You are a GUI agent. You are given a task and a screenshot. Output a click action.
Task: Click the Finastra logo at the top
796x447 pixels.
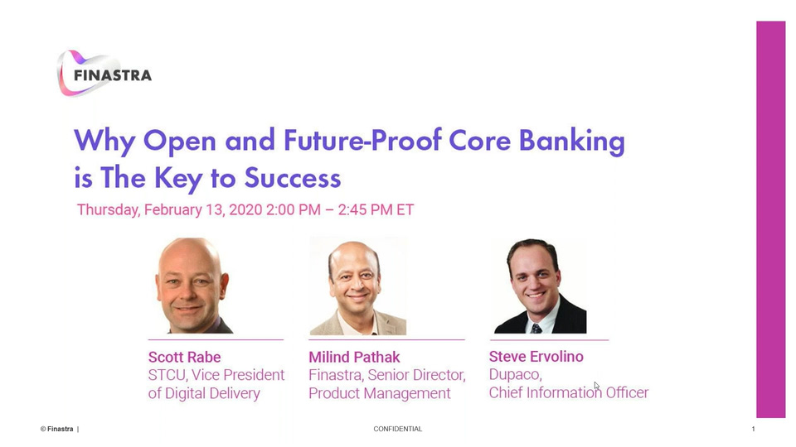click(104, 74)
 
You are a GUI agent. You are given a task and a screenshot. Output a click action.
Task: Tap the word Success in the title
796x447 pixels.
click(293, 178)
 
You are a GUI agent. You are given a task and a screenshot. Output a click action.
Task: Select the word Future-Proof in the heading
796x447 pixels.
click(362, 141)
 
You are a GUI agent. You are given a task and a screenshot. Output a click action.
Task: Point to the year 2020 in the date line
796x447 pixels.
click(245, 209)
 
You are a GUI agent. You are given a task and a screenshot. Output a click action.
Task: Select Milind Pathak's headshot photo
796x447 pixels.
click(358, 286)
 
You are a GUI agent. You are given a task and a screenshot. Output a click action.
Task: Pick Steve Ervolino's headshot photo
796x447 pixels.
click(540, 286)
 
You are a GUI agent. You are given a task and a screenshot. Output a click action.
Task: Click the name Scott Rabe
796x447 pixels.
click(184, 358)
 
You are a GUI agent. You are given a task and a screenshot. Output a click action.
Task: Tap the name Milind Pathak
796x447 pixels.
click(354, 358)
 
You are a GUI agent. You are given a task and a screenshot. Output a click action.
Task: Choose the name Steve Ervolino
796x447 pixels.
click(536, 357)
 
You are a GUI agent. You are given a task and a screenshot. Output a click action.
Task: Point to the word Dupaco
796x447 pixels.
click(515, 375)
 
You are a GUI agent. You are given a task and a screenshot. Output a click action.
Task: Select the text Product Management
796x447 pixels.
click(380, 393)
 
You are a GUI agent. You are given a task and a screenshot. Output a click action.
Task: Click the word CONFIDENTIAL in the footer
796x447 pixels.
click(397, 429)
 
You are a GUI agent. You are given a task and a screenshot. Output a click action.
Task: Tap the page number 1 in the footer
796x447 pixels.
click(754, 429)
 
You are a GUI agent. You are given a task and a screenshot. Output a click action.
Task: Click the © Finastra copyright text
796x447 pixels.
click(57, 429)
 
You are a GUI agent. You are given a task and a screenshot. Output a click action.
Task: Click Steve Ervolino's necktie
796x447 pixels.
click(536, 329)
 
